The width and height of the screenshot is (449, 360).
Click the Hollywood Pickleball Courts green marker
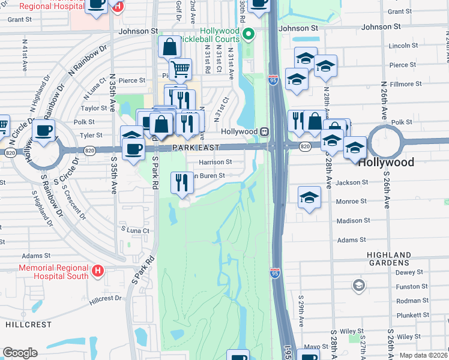point(252,32)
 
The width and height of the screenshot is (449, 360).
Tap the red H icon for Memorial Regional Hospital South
point(97,272)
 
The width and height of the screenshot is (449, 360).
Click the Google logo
point(20,353)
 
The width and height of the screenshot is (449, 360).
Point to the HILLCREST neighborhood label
point(23,323)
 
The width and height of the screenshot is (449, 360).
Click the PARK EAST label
point(194,147)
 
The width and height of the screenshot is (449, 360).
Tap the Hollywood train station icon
point(264,131)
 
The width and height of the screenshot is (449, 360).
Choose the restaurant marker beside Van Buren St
point(182,182)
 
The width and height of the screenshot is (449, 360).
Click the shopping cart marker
point(179,69)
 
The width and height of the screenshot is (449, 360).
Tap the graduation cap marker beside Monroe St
point(309,197)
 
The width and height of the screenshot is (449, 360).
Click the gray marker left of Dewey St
point(358,284)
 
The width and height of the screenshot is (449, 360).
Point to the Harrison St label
point(216,162)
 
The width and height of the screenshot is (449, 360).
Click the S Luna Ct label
point(134,229)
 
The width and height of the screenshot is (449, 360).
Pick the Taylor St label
point(94,108)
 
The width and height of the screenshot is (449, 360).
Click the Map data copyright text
point(424,355)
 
